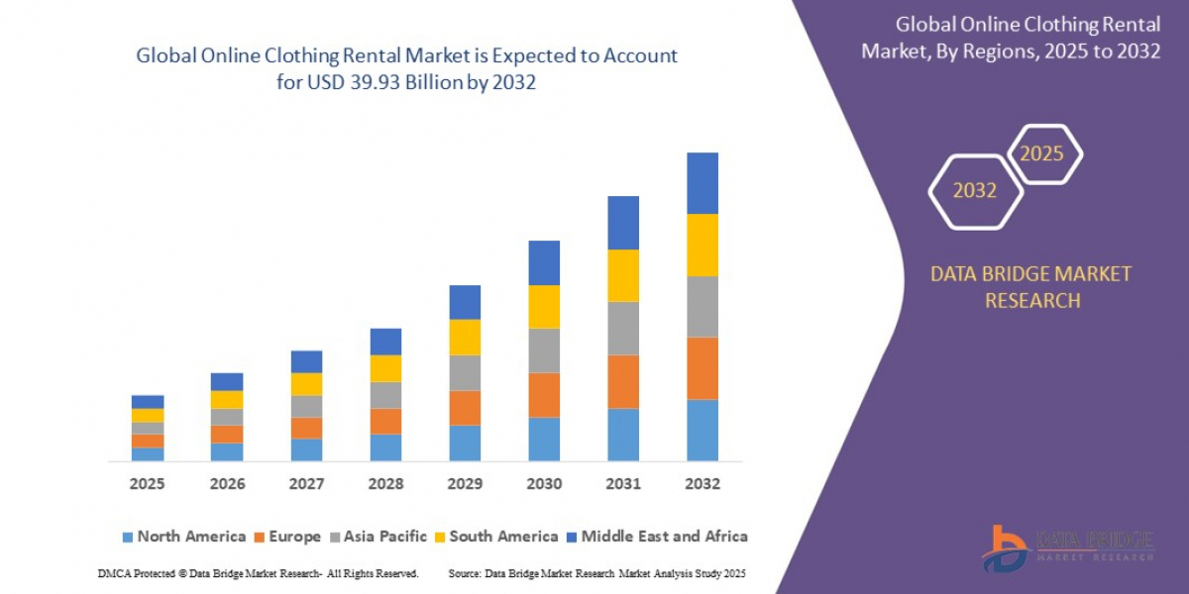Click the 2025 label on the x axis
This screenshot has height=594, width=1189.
[x=148, y=484]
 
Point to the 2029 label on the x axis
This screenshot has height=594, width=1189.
[x=465, y=484]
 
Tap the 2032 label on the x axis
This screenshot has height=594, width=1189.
[x=702, y=484]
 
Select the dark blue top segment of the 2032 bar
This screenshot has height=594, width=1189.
[x=702, y=183]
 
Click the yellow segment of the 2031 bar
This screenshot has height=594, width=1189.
[x=623, y=275]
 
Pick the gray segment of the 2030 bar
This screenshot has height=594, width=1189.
[x=544, y=350]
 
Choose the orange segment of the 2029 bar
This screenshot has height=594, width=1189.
[x=465, y=408]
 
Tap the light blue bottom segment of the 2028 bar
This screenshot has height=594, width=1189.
[x=385, y=447]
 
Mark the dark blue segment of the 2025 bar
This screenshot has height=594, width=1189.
[x=148, y=402]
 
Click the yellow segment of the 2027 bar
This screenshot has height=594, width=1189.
[x=306, y=384]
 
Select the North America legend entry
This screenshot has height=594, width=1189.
[x=183, y=537]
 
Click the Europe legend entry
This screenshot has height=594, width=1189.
[x=287, y=537]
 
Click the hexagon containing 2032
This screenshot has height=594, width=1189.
[x=975, y=191]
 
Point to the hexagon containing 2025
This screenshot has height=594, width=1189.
[x=1042, y=154]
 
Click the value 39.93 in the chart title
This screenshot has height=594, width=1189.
[x=388, y=83]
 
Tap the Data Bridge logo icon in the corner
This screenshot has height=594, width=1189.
[x=1005, y=547]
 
